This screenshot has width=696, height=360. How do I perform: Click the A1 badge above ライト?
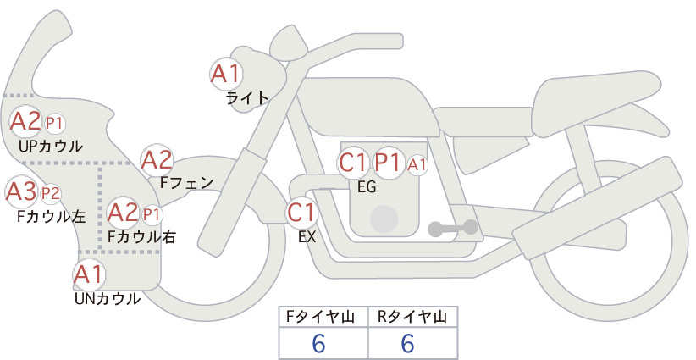(226, 74)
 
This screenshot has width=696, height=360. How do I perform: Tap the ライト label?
(247, 98)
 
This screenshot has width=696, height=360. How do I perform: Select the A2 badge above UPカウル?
(25, 122)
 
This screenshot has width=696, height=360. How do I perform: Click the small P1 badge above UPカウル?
(55, 124)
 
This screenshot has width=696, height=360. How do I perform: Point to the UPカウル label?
(50, 146)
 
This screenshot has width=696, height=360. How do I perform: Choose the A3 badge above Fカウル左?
(20, 191)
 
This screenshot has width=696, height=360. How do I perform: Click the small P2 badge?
(51, 193)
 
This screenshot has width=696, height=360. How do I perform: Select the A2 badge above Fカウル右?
(124, 212)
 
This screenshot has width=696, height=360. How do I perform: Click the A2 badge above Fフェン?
(157, 159)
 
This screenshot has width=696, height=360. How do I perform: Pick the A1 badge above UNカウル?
(88, 275)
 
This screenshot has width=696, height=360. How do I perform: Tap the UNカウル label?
(108, 298)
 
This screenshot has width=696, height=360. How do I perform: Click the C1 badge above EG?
(353, 163)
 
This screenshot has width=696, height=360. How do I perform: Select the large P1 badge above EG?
(389, 163)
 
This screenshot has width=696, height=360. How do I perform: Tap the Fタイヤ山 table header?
(323, 317)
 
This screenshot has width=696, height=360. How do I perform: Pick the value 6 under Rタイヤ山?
(408, 344)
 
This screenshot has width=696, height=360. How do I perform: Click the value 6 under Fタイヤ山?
(319, 344)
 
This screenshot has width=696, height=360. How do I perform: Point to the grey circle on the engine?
(385, 218)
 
